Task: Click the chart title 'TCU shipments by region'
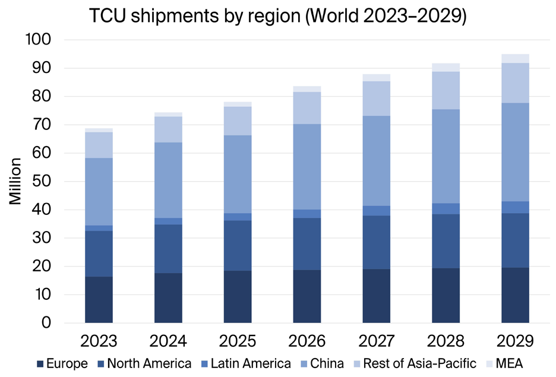(x=278, y=16)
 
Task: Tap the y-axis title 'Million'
(x=16, y=181)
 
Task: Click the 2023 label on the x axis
(x=99, y=341)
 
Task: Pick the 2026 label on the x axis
(x=307, y=341)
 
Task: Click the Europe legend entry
(x=62, y=363)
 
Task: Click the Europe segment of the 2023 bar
(x=99, y=300)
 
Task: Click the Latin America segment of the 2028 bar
(x=446, y=208)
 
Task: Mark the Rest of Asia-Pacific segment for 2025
(x=238, y=121)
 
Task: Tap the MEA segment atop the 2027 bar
(x=376, y=78)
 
